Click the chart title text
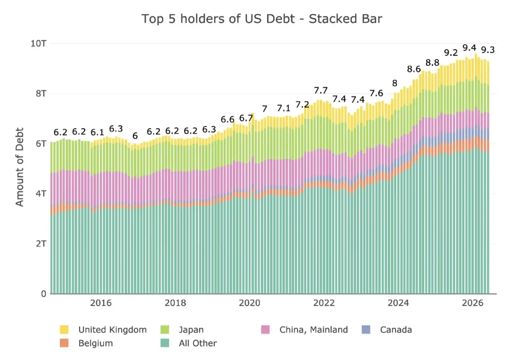pyautogui.click(x=262, y=19)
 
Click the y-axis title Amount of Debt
pyautogui.click(x=20, y=167)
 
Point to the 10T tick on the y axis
pyautogui.click(x=38, y=43)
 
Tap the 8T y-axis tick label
pyautogui.click(x=41, y=93)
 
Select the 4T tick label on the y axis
pyautogui.click(x=41, y=194)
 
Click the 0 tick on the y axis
pyautogui.click(x=44, y=294)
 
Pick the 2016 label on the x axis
pyautogui.click(x=101, y=303)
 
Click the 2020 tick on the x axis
pyautogui.click(x=250, y=303)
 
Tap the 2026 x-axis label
pyautogui.click(x=472, y=303)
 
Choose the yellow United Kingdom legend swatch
pyautogui.click(x=64, y=329)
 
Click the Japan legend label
pyautogui.click(x=191, y=330)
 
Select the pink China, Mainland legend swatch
pyautogui.click(x=265, y=329)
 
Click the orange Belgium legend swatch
pyautogui.click(x=64, y=343)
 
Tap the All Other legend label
pyautogui.click(x=198, y=343)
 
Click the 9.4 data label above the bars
pyautogui.click(x=469, y=48)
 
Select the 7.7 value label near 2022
pyautogui.click(x=320, y=91)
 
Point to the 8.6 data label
pyautogui.click(x=414, y=69)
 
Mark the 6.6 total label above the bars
pyautogui.click(x=228, y=119)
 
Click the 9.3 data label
pyautogui.click(x=488, y=50)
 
